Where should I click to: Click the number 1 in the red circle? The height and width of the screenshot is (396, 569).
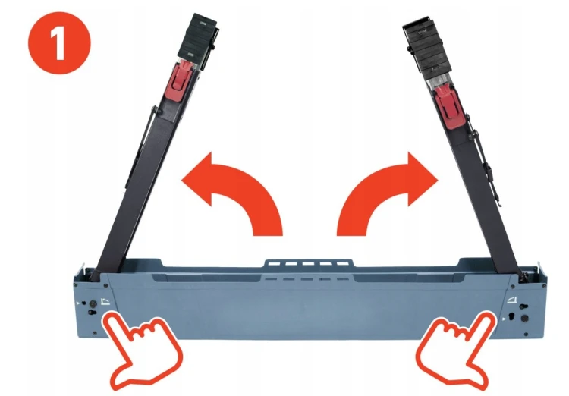58,43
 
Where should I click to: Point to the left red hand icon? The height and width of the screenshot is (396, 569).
143,348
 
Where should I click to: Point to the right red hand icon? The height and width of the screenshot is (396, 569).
456,348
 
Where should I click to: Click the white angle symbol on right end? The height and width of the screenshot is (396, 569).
512,299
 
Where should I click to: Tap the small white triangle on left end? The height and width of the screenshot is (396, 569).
77,303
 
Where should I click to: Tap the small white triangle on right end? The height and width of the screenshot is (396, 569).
504,319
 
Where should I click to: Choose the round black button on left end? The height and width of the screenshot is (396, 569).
93,303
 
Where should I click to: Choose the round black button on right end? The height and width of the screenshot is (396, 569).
524,319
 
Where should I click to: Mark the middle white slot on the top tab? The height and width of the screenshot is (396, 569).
308,264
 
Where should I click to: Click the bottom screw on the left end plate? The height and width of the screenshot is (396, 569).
95,333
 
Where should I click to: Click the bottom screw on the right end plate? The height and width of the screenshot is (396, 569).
527,334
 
